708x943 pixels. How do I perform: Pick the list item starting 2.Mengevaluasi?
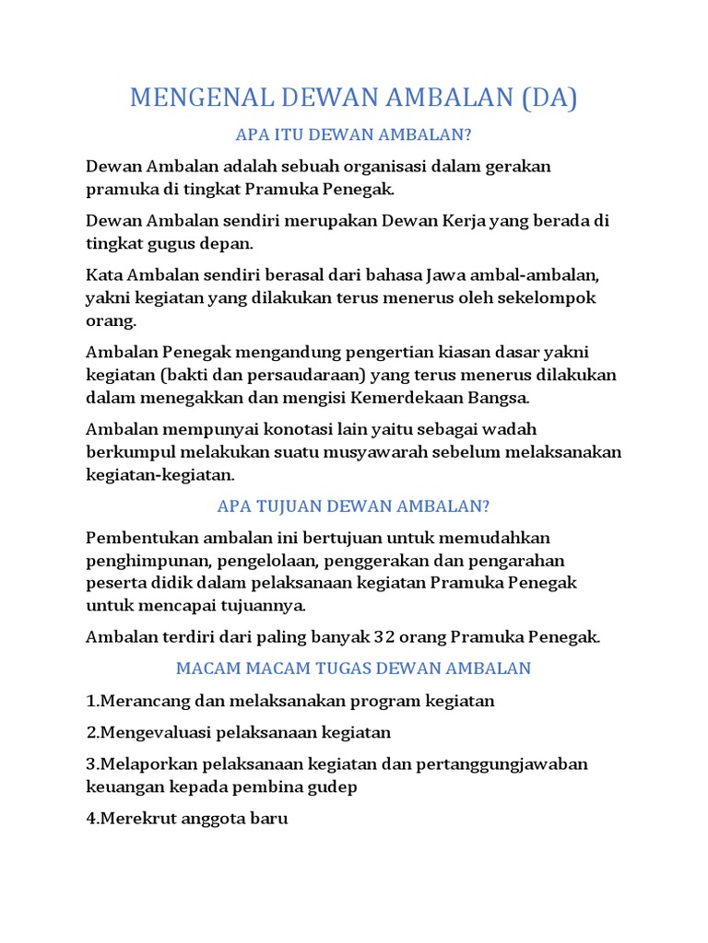pos(239,732)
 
